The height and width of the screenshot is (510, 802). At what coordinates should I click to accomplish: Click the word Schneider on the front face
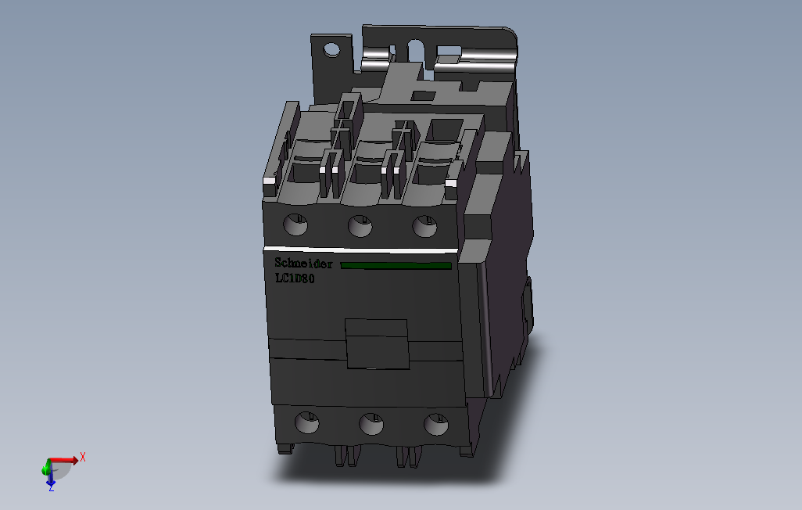point(303,264)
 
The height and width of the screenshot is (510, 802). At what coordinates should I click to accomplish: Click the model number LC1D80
point(295,278)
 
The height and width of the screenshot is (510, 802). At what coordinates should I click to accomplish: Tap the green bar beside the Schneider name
point(396,266)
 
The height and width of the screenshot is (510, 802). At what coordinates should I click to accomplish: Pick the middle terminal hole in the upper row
point(360,226)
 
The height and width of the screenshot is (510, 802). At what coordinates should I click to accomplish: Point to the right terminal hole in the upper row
point(424,226)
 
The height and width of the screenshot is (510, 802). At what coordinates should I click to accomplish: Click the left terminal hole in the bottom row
point(306,424)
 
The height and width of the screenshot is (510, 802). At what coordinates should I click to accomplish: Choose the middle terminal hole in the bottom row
point(371,425)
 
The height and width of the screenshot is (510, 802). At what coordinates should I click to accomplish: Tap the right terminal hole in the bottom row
point(435,425)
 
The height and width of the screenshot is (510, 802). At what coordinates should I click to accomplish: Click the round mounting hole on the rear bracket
point(332,50)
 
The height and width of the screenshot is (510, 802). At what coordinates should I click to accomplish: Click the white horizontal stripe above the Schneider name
point(360,251)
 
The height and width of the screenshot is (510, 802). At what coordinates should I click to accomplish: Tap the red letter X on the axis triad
point(83,457)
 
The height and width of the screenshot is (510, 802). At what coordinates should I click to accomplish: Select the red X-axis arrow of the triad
point(64,461)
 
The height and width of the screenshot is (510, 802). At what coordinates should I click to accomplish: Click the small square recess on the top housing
point(423,96)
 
